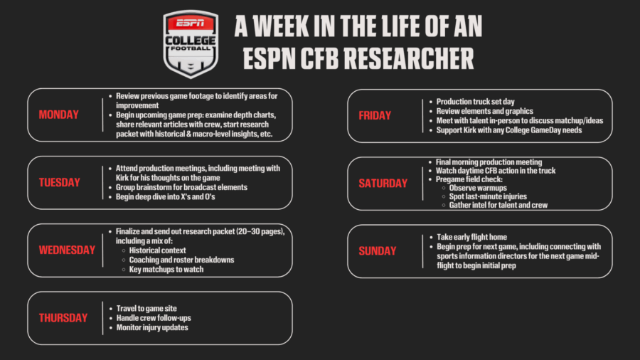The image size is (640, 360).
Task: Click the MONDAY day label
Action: (x=58, y=115)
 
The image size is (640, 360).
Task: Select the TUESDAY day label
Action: (x=59, y=182)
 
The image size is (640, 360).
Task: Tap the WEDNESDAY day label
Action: (x=67, y=250)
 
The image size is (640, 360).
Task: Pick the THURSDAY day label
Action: (x=63, y=318)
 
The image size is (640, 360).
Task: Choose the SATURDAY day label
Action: (x=383, y=183)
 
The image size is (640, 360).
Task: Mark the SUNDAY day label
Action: (x=378, y=251)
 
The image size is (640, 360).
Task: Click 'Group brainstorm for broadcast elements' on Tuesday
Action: (x=181, y=187)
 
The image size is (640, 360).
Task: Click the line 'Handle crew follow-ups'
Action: (x=154, y=318)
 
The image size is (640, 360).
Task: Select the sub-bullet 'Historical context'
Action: (x=157, y=250)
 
